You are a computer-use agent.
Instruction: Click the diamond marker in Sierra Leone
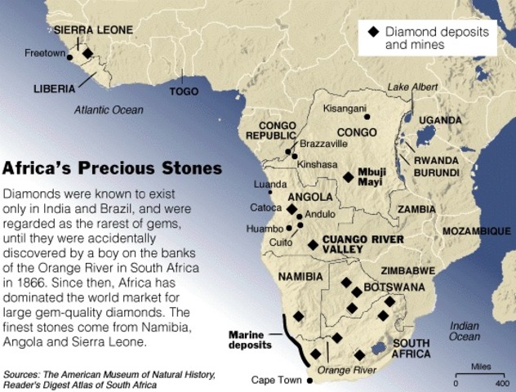87,54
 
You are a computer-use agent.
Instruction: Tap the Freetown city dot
70,57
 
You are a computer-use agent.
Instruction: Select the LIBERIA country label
54,87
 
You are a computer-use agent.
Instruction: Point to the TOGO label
183,91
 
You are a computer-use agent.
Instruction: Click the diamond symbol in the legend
373,31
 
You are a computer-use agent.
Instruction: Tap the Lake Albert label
410,87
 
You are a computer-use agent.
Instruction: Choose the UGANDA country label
440,120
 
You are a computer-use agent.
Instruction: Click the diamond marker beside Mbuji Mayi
349,176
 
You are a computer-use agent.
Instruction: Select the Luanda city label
270,185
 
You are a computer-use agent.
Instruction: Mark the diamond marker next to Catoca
291,209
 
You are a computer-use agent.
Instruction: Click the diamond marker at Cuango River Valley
313,244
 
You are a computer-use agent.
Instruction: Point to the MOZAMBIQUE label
476,232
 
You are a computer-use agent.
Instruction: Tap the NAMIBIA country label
301,276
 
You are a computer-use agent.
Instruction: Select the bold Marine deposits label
251,340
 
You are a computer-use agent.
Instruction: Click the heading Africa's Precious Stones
112,169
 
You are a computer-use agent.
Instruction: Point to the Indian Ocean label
465,331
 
